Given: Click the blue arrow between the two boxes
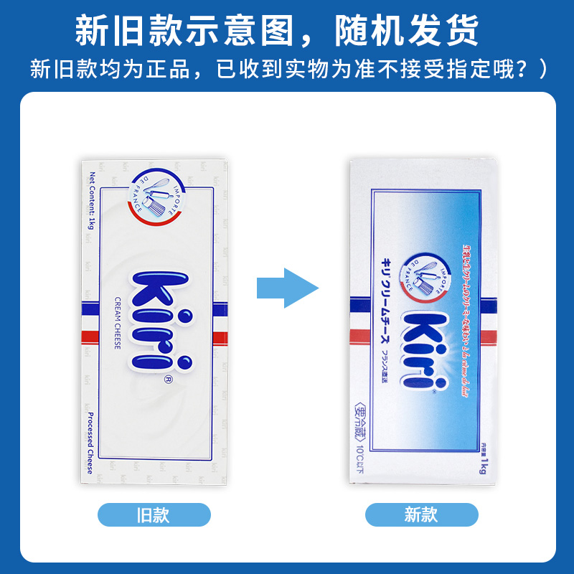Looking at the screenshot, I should point(288,288).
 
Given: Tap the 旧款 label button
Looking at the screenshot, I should point(154,514).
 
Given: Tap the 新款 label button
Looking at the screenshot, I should point(421,514).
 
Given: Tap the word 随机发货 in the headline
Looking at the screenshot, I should point(417,31).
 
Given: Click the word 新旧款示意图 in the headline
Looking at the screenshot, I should point(183,31).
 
